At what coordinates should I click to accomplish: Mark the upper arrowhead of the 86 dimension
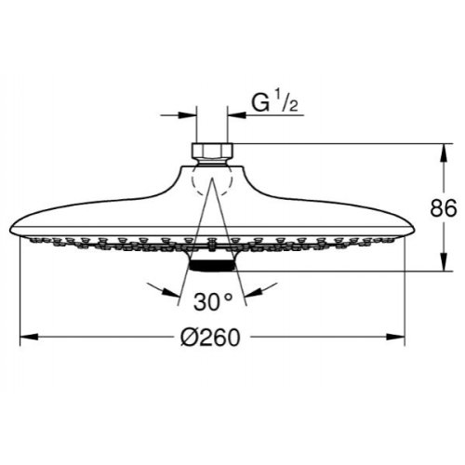pos(441,150)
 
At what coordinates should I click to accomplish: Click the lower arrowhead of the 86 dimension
pos(441,264)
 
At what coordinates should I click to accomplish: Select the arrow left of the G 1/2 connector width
pos(186,115)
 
